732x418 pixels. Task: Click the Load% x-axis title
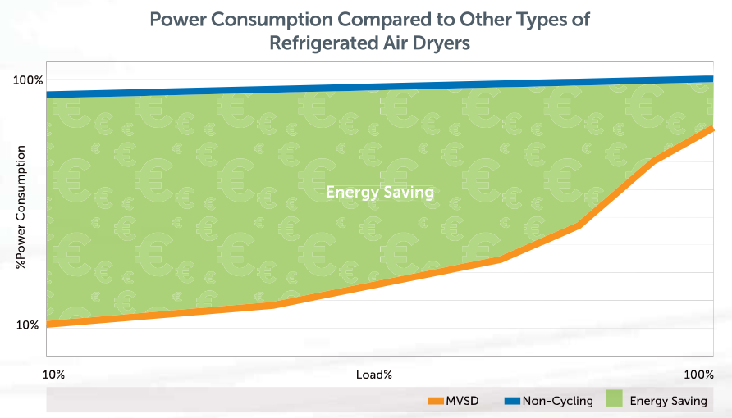click(x=374, y=374)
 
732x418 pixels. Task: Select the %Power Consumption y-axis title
click(x=21, y=208)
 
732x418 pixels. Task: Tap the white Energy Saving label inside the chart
click(x=379, y=192)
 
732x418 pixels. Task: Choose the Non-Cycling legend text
click(x=558, y=401)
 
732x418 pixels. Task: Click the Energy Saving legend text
click(x=668, y=401)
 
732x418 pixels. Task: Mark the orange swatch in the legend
click(x=435, y=401)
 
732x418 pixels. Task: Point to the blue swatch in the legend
click(x=512, y=401)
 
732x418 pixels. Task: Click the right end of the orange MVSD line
click(x=711, y=129)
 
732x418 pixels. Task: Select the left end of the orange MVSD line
click(x=49, y=325)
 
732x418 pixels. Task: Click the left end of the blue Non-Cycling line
click(x=49, y=94)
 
